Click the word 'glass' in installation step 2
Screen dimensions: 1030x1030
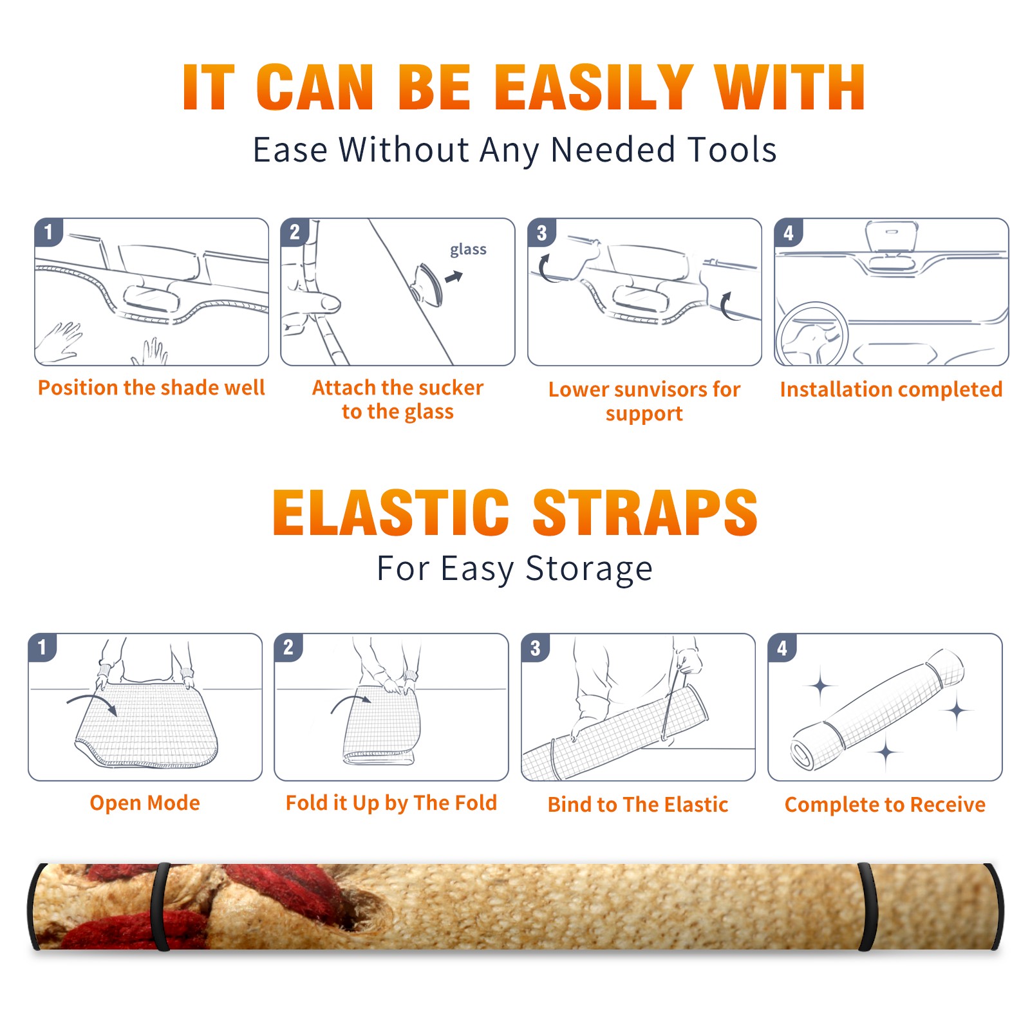468,250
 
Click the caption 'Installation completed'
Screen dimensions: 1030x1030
891,389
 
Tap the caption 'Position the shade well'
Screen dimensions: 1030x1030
151,388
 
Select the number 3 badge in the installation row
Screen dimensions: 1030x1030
541,232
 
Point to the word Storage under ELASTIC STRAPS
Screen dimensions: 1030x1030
589,569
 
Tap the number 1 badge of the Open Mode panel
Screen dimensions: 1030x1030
42,647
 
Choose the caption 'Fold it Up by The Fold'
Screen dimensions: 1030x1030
391,803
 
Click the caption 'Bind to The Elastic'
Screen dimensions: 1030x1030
638,805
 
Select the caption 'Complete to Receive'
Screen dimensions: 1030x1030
885,805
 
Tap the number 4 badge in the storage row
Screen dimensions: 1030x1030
782,647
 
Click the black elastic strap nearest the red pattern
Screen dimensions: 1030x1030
161,906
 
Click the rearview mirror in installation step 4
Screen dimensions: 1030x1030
892,236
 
